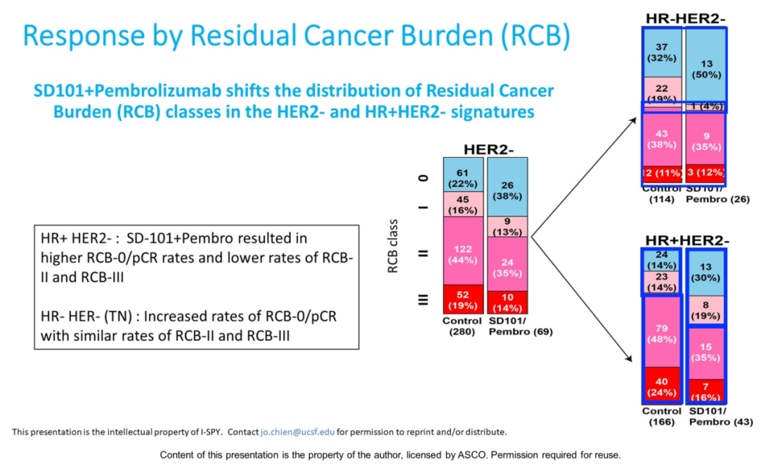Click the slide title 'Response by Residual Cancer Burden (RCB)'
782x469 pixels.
(295, 35)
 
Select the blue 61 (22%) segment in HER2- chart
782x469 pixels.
(464, 174)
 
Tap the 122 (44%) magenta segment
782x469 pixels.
(464, 253)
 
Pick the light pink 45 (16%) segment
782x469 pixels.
(464, 203)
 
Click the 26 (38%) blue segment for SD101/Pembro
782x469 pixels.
(507, 190)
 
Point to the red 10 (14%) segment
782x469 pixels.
(507, 302)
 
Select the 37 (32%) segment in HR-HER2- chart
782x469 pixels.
(662, 52)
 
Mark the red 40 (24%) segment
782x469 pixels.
(662, 385)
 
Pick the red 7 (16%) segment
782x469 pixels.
(706, 391)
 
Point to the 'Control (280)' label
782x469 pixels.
(464, 326)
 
